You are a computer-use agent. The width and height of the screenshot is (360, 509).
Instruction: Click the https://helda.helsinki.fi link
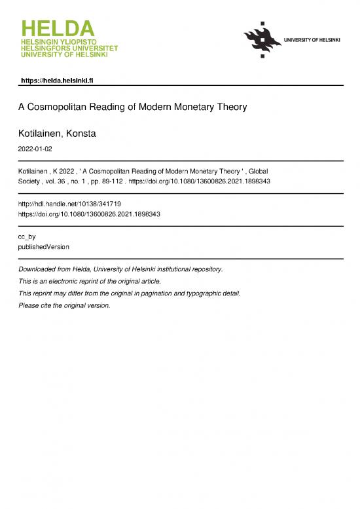click(x=59, y=80)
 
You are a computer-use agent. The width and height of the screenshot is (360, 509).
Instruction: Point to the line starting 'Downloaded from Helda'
click(x=120, y=269)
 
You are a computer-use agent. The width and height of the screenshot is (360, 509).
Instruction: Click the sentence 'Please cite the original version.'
click(x=64, y=305)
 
